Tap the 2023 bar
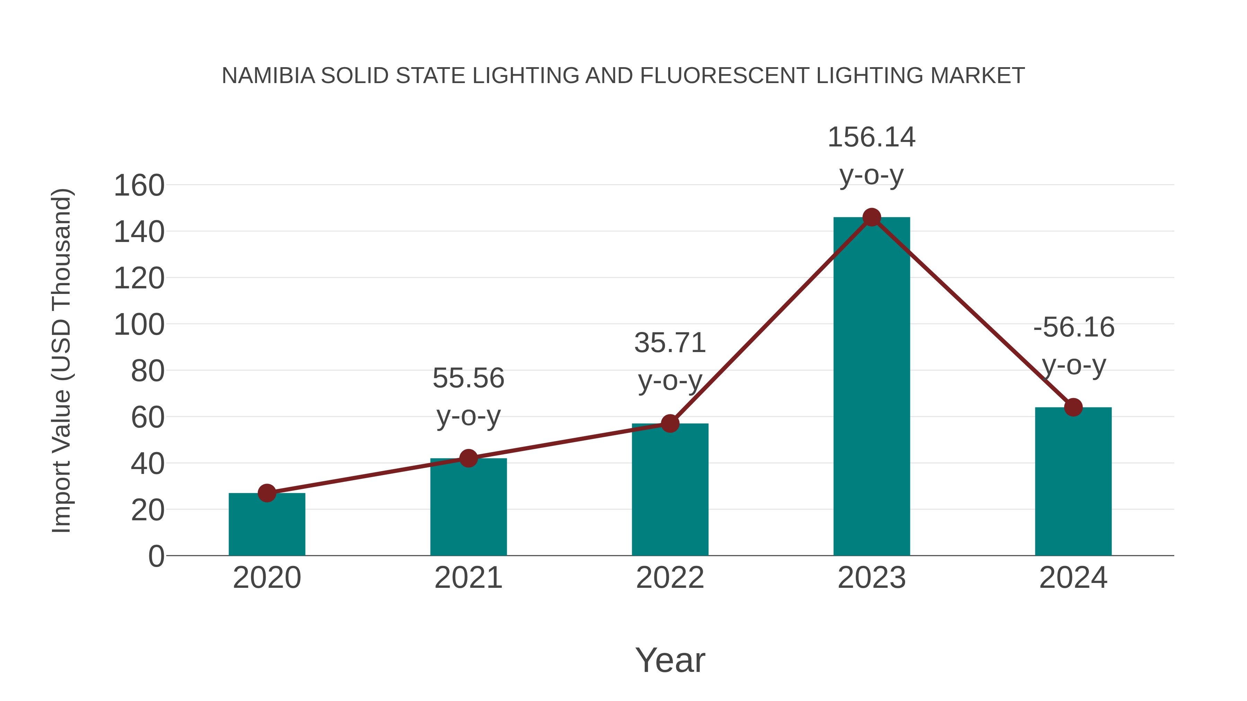[872, 387]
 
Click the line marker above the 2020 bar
[267, 493]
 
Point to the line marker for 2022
[670, 423]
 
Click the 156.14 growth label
[872, 137]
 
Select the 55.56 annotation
[468, 378]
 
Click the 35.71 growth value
[670, 343]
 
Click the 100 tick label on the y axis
[139, 325]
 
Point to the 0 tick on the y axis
[156, 556]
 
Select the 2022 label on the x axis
[670, 578]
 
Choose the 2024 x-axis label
[1073, 578]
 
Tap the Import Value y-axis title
[62, 360]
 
